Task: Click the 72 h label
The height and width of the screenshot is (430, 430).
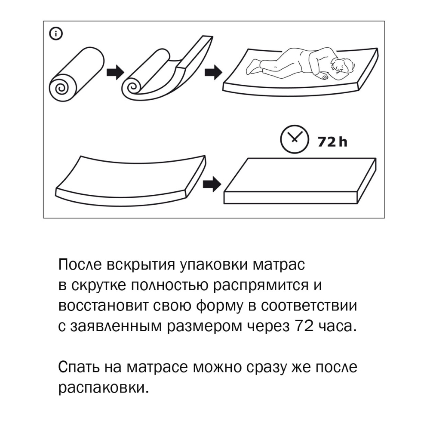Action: point(332,141)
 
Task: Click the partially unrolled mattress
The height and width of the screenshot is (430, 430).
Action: point(168,69)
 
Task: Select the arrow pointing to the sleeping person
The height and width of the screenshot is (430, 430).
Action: point(212,72)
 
